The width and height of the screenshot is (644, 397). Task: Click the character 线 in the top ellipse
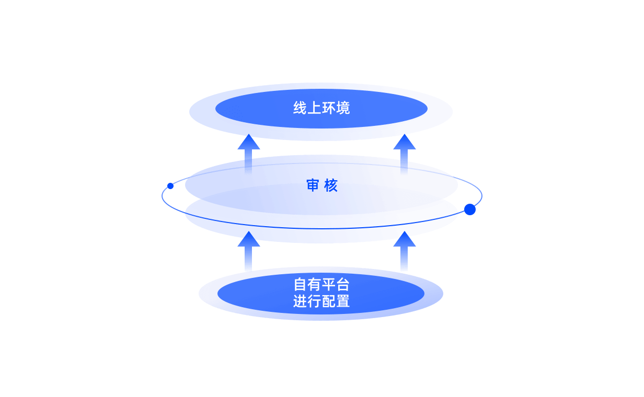[300, 108]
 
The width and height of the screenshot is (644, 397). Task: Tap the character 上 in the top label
[314, 108]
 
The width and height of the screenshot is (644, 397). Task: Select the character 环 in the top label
[328, 108]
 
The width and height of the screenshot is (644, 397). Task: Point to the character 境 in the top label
[343, 108]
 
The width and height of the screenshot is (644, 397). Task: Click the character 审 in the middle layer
[313, 185]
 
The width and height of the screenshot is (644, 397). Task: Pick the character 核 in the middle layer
[331, 185]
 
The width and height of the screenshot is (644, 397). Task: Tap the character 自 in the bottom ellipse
[300, 285]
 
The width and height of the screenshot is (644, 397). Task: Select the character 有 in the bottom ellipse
[314, 285]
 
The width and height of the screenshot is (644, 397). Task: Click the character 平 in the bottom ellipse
[328, 285]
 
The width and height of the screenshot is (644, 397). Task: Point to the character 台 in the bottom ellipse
[343, 285]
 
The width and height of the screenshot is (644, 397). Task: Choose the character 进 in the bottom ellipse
[300, 301]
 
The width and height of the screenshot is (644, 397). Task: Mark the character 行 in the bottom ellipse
[314, 301]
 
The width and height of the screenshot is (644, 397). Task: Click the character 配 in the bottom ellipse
[328, 301]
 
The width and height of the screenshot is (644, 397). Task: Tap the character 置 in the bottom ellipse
[343, 301]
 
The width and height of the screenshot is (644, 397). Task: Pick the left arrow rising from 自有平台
[248, 251]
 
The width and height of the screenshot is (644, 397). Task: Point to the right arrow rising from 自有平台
[404, 251]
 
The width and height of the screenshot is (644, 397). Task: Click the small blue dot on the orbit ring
[170, 186]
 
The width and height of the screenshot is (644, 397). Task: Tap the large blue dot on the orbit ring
[470, 209]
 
